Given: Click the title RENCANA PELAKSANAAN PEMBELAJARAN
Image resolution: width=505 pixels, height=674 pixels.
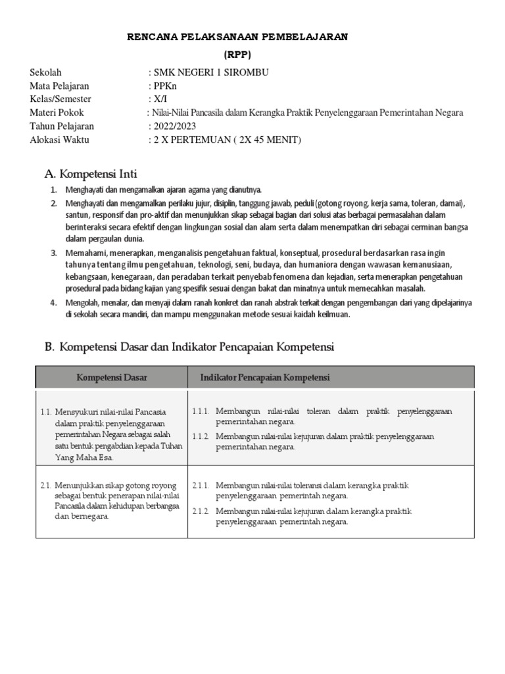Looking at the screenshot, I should pos(237,38).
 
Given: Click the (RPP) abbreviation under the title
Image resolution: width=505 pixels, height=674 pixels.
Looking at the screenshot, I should pos(237,55).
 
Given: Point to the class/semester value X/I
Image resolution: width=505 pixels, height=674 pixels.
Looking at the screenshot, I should pos(160,99).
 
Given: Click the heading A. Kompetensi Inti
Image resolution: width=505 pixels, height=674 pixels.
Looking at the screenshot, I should pos(90,174).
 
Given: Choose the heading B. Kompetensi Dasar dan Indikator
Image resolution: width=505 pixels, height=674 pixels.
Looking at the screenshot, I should pos(189,347).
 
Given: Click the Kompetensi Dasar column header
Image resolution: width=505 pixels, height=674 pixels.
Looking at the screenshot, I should pos(112,377).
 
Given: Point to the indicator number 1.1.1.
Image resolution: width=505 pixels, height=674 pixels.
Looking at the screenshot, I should pos(201,411).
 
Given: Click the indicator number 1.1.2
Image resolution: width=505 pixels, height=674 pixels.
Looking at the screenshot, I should pos(201,436).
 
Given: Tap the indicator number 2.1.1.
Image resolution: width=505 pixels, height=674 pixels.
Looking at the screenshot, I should pos(201,486).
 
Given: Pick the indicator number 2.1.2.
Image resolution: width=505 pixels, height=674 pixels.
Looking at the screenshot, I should pos(201,511).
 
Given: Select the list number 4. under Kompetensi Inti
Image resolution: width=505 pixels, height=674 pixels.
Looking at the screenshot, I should pos(54,303).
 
